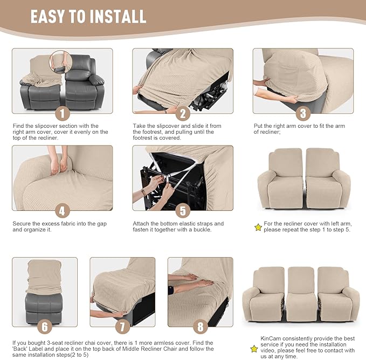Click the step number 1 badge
62,114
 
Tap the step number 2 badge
183,114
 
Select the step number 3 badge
303,114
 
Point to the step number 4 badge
62,211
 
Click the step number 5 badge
183,211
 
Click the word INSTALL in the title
115,16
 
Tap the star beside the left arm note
258,227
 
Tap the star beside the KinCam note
253,349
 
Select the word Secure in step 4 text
22,223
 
